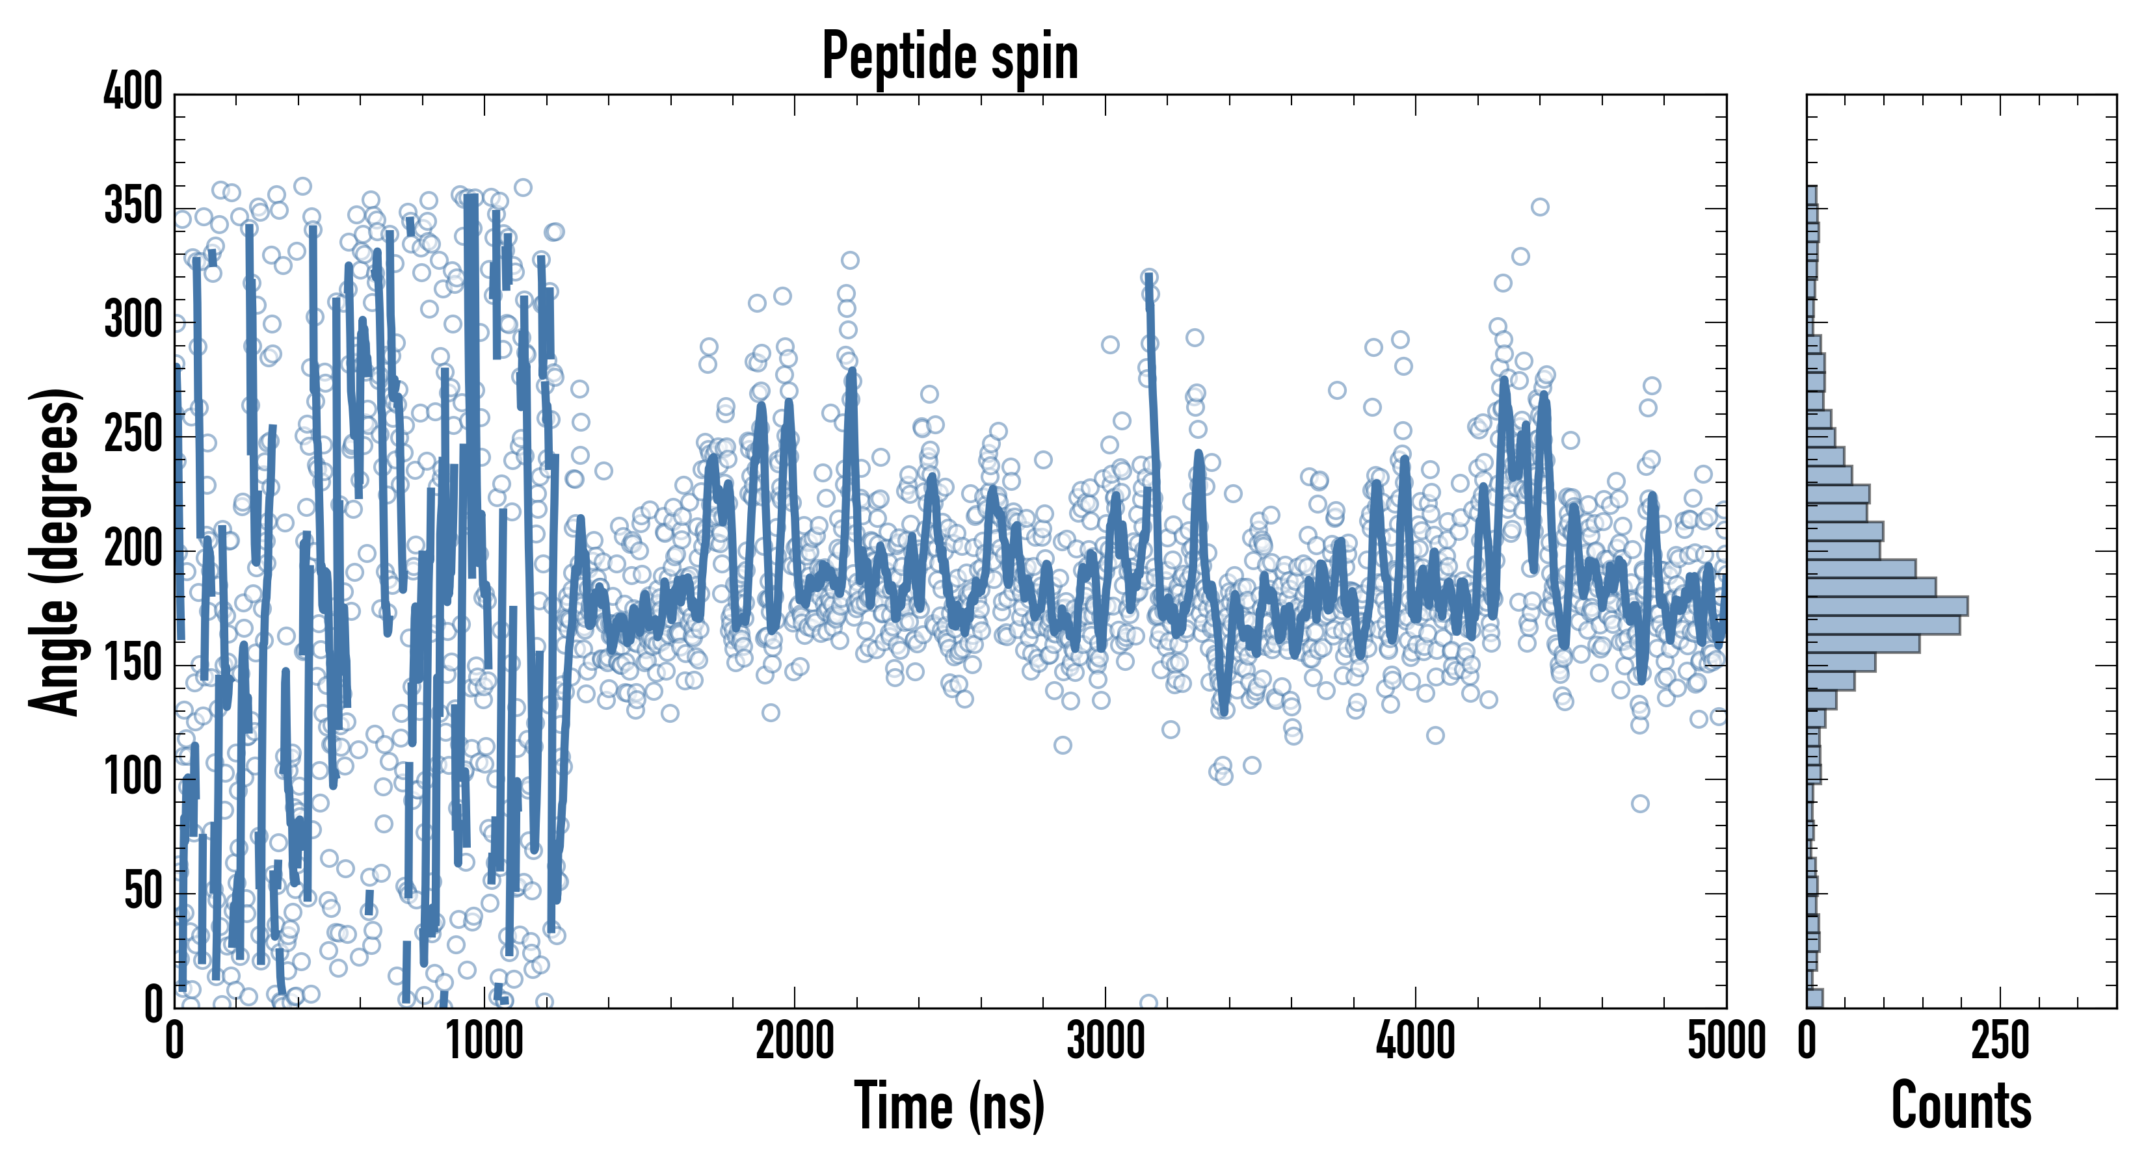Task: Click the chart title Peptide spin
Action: click(x=949, y=57)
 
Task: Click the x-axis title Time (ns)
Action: click(x=949, y=1107)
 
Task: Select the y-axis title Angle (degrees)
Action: click(x=55, y=551)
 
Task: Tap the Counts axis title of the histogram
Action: click(x=1961, y=1107)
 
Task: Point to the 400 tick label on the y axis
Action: click(x=133, y=92)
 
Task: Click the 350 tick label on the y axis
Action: click(x=133, y=207)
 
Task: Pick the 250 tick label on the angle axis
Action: click(x=133, y=435)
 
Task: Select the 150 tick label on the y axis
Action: click(x=133, y=664)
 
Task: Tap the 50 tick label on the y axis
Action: click(x=143, y=892)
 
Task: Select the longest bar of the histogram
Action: click(x=1887, y=606)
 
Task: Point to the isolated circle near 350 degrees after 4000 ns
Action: click(x=1539, y=207)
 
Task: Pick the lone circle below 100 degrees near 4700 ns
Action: click(x=1639, y=803)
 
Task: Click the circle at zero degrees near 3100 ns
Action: click(x=1148, y=1002)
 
